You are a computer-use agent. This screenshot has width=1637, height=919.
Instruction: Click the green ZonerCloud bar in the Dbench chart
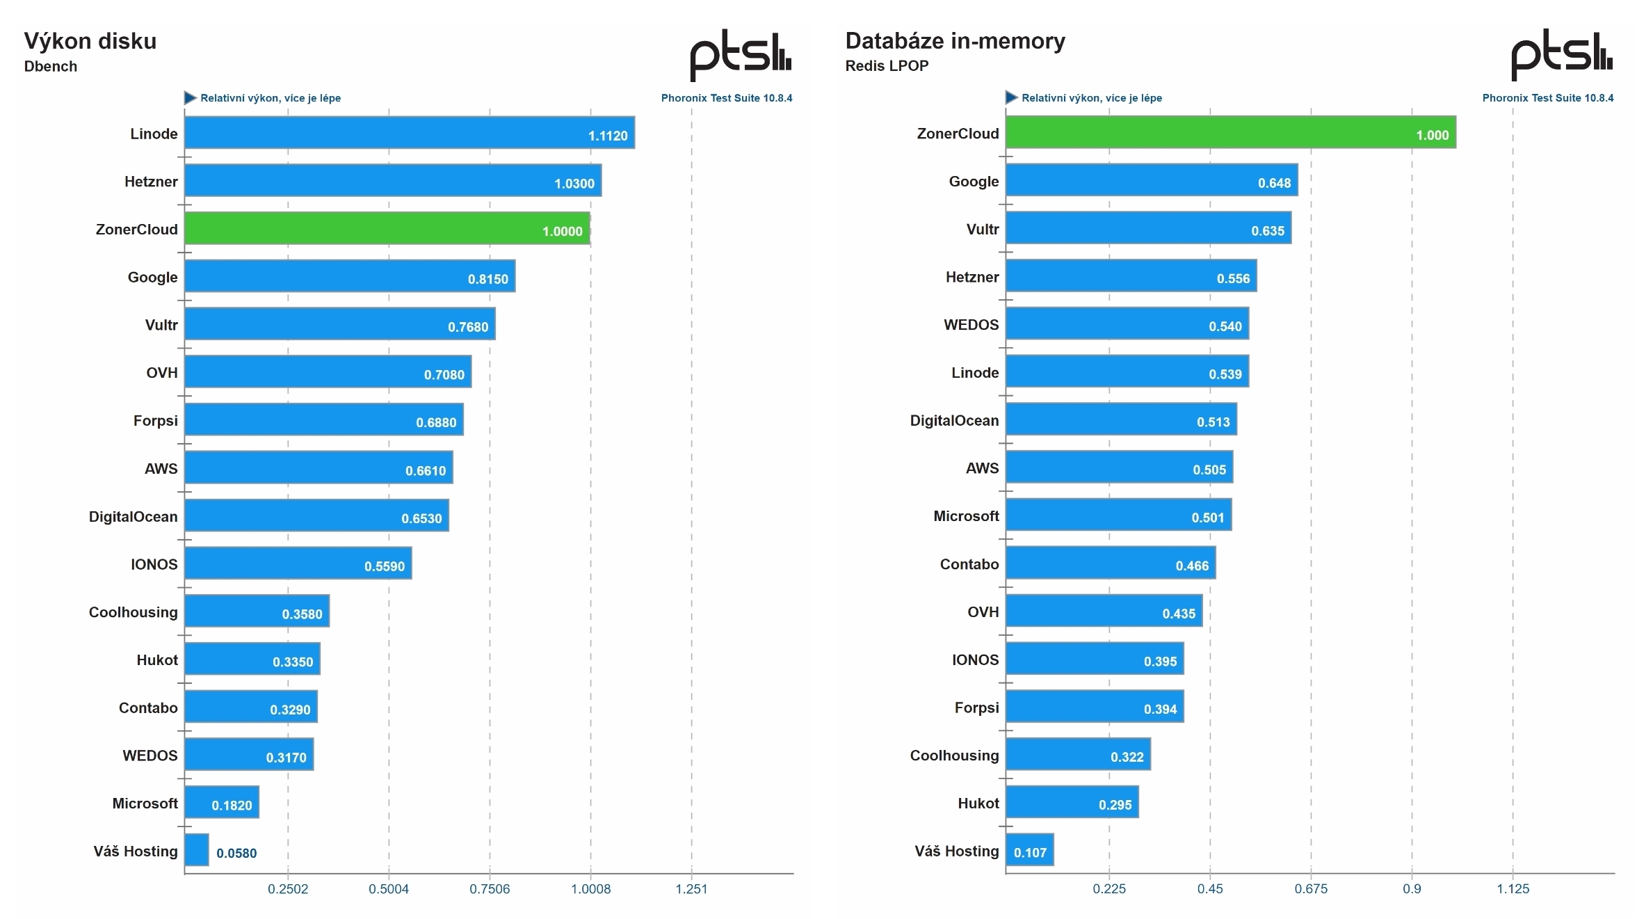[387, 228]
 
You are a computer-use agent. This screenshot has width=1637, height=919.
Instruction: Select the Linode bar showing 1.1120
[409, 132]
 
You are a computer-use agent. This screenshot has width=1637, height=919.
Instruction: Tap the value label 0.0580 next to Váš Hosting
[236, 853]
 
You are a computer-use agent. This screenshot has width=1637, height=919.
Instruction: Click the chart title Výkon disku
[90, 41]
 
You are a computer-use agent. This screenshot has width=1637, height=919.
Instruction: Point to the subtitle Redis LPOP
[887, 66]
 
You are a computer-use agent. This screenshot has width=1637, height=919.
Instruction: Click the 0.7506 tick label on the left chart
[490, 889]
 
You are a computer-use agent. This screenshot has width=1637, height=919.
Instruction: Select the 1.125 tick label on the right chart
[1513, 889]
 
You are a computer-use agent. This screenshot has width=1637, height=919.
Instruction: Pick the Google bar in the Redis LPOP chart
[1151, 180]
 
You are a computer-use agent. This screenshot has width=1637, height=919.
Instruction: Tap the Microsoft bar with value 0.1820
[222, 802]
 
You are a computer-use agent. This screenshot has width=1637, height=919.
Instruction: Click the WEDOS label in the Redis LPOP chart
[971, 325]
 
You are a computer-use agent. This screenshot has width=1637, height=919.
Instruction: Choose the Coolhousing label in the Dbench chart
[134, 612]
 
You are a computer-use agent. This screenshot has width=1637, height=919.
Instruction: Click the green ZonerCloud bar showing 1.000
[1230, 132]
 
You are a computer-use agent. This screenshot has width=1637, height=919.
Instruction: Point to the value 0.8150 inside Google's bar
[487, 279]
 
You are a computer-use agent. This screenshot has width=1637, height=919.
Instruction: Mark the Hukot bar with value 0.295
[1072, 802]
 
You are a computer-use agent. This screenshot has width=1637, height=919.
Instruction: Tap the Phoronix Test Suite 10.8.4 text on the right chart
[1547, 98]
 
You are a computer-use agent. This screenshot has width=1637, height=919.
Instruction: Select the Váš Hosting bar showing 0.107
[1029, 849]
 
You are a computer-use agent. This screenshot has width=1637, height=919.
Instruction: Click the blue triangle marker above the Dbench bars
[190, 98]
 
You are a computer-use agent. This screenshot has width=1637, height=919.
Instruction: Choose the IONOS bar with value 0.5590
[298, 563]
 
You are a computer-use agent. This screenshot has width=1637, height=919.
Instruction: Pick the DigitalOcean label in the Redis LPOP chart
[954, 421]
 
